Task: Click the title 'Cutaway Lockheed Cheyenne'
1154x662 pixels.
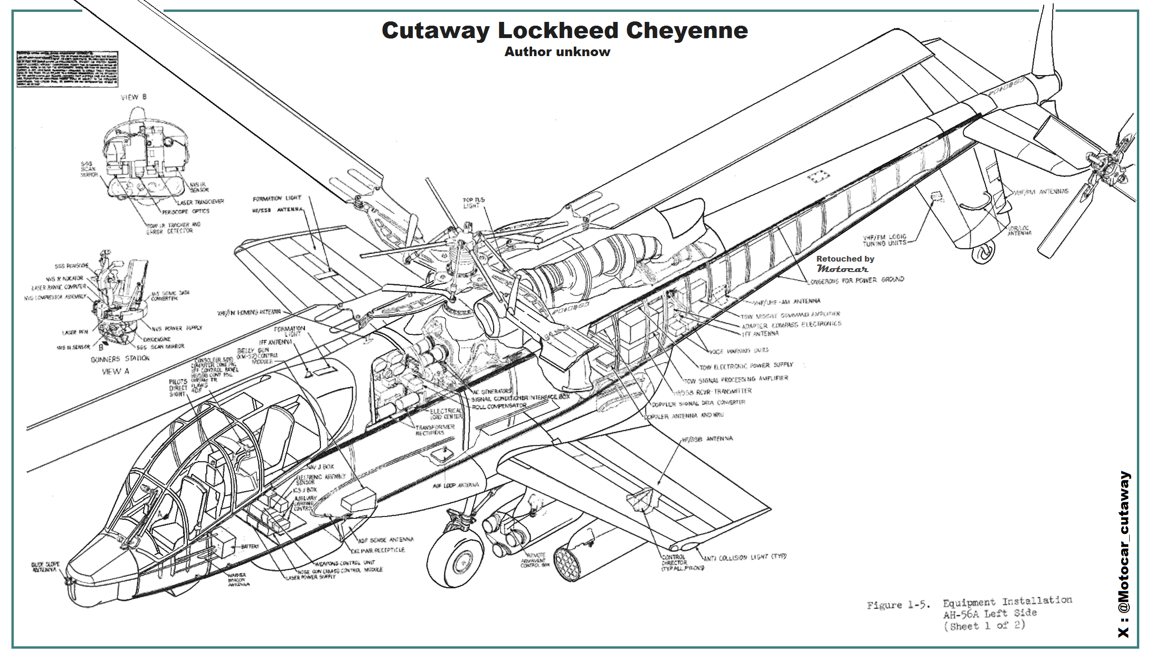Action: [x=564, y=30]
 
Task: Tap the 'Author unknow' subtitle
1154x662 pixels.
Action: [x=557, y=52]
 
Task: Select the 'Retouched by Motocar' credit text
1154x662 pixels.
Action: [x=845, y=263]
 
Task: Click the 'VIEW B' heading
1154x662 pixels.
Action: [x=134, y=97]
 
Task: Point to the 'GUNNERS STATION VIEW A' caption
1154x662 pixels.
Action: [x=120, y=364]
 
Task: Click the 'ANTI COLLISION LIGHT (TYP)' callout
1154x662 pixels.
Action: [x=745, y=557]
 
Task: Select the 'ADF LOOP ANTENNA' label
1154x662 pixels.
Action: [x=456, y=485]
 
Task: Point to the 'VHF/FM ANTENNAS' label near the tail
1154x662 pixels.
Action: [x=1041, y=192]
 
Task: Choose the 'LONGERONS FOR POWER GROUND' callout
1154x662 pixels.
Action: [x=856, y=280]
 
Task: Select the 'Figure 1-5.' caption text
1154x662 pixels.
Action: [x=898, y=605]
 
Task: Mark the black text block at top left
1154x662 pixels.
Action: [x=67, y=69]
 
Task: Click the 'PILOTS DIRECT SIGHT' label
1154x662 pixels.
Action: [x=178, y=388]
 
